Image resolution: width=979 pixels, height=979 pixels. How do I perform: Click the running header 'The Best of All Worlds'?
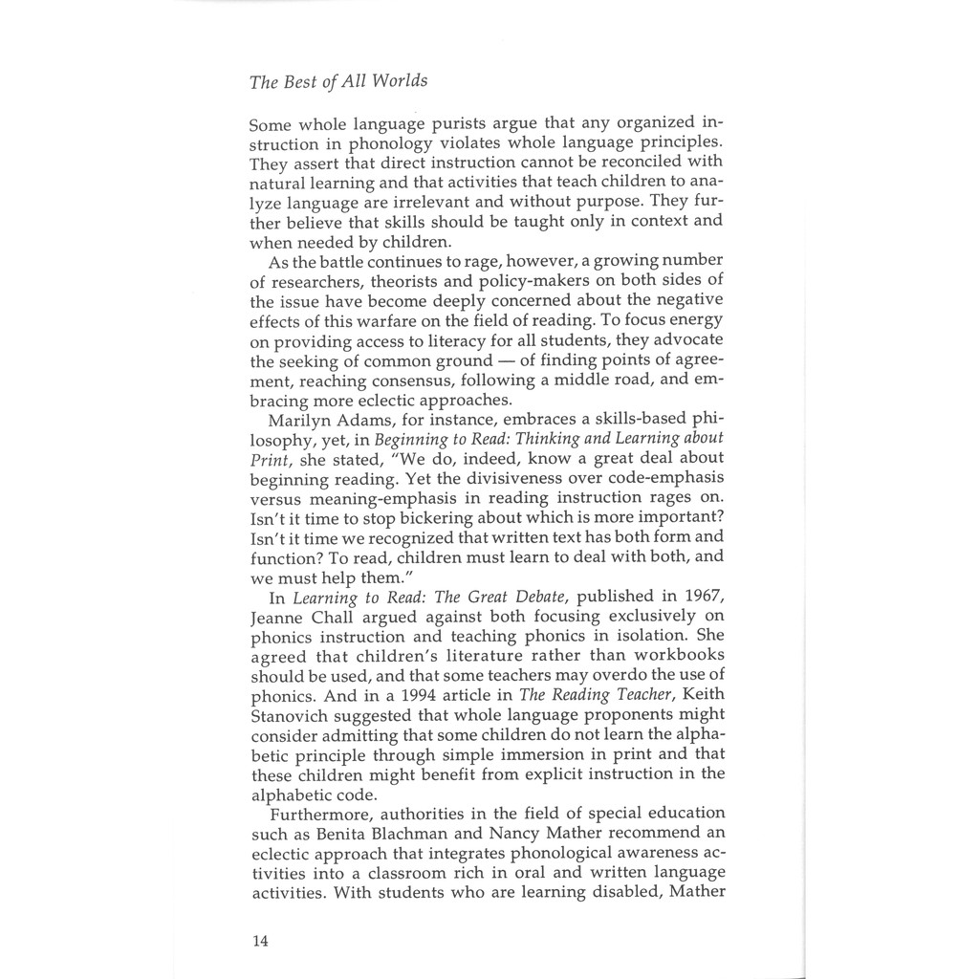(x=337, y=81)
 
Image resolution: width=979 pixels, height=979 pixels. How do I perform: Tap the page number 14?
(x=260, y=941)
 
